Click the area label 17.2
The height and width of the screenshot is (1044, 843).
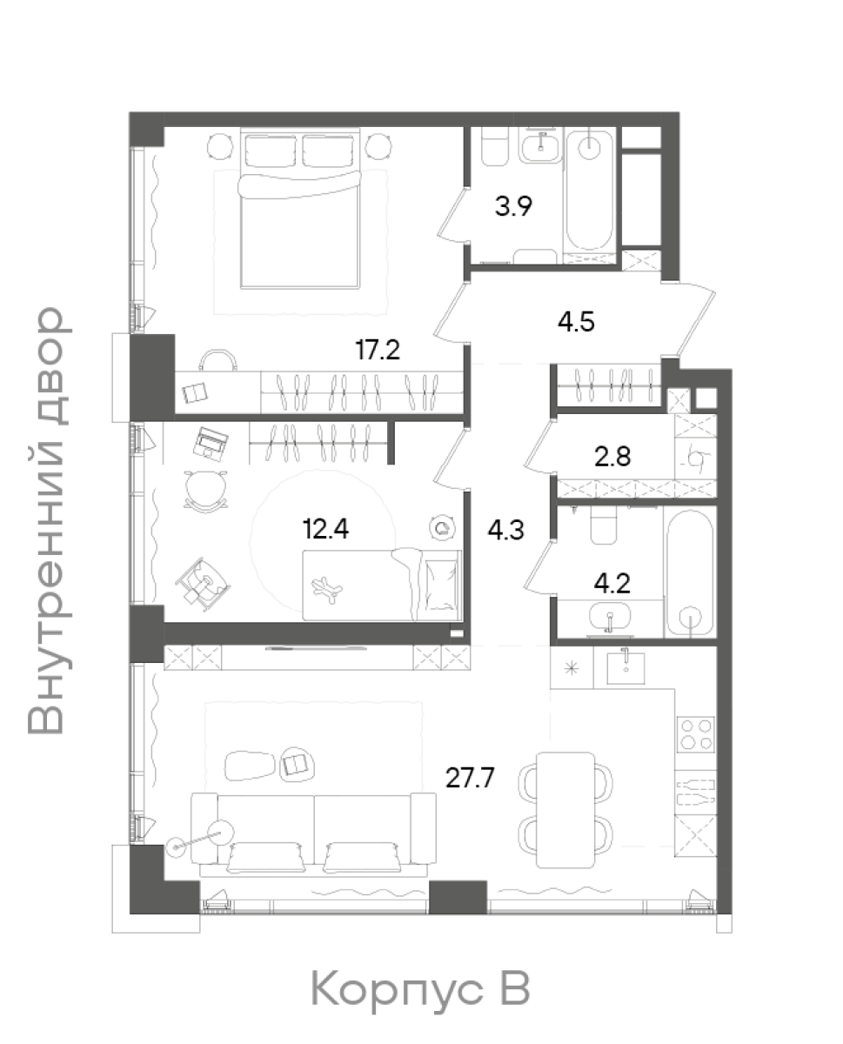click(378, 350)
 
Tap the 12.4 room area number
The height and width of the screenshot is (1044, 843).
click(326, 529)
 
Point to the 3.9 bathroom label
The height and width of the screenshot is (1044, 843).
click(513, 206)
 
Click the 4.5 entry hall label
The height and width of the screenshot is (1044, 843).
click(577, 322)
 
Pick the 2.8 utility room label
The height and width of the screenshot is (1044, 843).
click(612, 457)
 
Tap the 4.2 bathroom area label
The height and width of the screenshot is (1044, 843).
click(612, 583)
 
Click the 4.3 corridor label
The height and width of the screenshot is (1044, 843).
click(505, 529)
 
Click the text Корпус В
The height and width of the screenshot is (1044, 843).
click(420, 988)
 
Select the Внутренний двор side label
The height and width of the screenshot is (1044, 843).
click(45, 520)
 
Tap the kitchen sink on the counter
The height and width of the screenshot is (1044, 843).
click(626, 667)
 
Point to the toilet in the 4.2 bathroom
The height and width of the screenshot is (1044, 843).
click(604, 525)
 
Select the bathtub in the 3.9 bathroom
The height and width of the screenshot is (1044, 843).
click(589, 191)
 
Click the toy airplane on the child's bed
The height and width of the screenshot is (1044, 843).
click(327, 589)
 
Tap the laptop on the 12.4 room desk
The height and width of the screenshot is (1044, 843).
click(211, 443)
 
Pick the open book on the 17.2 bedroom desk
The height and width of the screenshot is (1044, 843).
click(195, 392)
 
